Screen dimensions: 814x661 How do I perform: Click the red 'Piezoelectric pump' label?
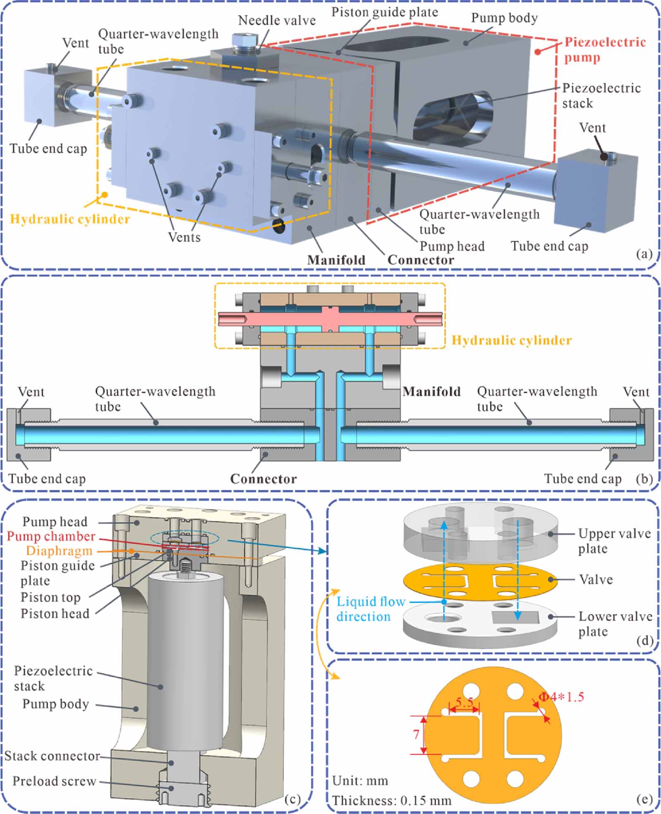604,50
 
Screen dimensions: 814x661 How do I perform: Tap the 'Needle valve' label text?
276,20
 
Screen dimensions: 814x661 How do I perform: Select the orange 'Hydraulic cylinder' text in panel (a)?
70,219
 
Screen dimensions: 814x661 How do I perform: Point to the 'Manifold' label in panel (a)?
336,260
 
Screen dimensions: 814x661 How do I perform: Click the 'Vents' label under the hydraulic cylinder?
184,237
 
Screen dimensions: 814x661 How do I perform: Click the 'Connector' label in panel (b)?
263,479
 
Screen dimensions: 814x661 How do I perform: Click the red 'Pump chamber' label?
51,536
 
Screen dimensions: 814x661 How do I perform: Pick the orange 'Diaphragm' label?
59,551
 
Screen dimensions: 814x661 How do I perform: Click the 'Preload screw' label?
54,781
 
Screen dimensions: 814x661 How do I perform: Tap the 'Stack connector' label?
52,756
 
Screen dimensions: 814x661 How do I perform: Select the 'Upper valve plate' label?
614,541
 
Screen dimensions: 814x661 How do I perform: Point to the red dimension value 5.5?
464,702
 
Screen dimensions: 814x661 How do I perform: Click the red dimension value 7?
416,734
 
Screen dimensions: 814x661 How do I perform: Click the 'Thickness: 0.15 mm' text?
391,800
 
